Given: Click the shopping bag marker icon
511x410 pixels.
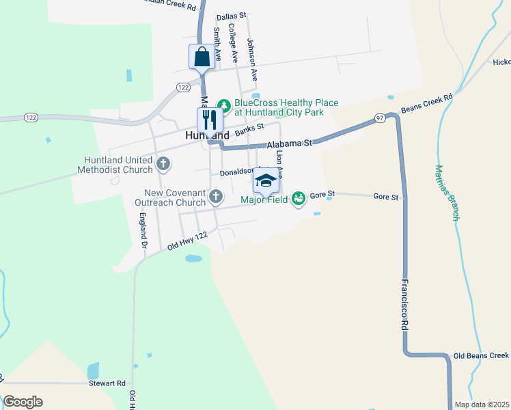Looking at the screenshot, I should [x=202, y=56].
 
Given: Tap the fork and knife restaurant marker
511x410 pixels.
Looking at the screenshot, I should [x=209, y=120].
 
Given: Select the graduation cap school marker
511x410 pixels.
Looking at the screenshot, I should [x=266, y=180].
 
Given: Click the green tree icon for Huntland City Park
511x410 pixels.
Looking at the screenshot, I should [x=223, y=105].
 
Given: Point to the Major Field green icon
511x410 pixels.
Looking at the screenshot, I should [x=298, y=198].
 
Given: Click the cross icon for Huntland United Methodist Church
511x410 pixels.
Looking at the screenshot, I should [x=163, y=163].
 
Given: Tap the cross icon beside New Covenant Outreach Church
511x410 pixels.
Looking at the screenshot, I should [x=215, y=197].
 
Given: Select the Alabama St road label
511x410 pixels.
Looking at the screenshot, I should [x=289, y=144].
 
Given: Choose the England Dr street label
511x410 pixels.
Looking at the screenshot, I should [x=143, y=230].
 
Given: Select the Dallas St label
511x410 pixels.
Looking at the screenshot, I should [x=230, y=17].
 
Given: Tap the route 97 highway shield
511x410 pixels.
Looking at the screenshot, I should [x=381, y=119].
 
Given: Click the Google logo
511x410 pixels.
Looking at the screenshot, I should [x=23, y=402].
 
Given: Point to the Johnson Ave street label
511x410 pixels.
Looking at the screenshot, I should [x=252, y=59].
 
